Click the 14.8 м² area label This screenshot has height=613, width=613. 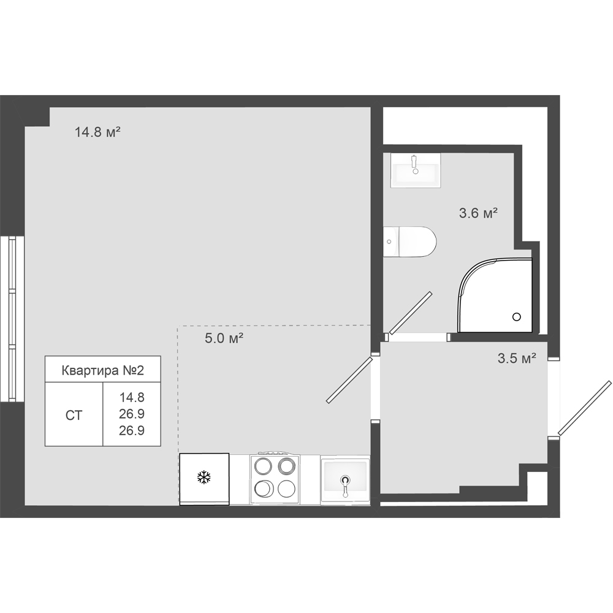[x=97, y=132]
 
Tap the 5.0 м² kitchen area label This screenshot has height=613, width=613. [x=224, y=338]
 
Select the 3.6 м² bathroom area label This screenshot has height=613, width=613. [x=478, y=213]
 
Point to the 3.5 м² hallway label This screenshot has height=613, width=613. [x=516, y=358]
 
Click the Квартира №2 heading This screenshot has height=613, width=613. [x=103, y=370]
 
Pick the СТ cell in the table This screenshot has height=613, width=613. [x=74, y=415]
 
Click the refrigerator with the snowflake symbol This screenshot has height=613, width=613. [x=204, y=479]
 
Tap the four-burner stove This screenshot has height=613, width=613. [x=275, y=479]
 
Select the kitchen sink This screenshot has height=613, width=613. [x=345, y=481]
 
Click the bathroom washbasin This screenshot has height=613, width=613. [x=415, y=170]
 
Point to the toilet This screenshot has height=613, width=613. [x=409, y=242]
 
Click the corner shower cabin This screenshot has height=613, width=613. [x=495, y=295]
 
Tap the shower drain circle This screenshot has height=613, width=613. [x=517, y=317]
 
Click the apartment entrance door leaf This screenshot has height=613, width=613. [x=584, y=408]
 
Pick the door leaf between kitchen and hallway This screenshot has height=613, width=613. [x=350, y=379]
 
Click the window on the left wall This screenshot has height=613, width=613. [x=12, y=319]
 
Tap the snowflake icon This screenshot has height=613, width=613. [x=204, y=478]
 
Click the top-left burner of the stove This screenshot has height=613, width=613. [x=263, y=466]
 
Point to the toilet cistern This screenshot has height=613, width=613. [x=391, y=242]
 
